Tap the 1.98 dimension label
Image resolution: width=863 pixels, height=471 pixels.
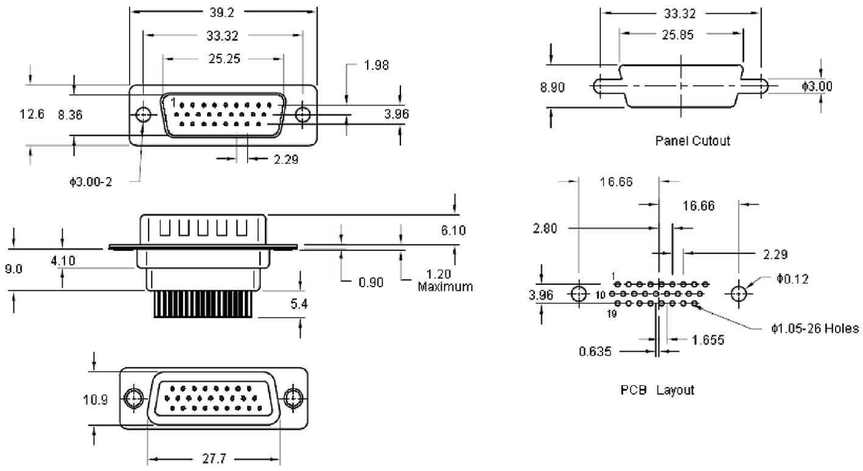[x=376, y=65]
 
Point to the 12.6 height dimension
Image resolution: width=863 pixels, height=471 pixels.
[x=32, y=114]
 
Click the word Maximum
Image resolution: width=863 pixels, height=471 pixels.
[x=445, y=285]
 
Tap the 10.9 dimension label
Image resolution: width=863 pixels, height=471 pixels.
[x=96, y=400]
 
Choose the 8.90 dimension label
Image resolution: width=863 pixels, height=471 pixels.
[x=552, y=87]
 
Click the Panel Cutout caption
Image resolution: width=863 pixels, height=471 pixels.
[x=693, y=141]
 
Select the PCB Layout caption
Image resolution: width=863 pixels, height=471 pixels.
[x=657, y=389]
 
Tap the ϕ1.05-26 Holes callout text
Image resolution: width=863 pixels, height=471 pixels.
[x=815, y=329]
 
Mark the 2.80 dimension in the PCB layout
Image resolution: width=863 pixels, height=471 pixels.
[x=545, y=228]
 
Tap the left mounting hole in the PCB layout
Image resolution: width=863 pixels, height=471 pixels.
[x=579, y=294]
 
